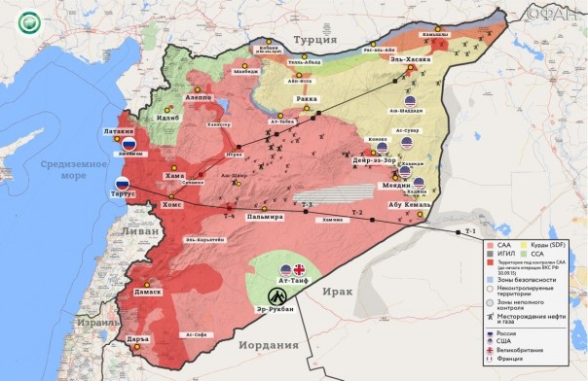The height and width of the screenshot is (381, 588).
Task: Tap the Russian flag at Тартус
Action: click(123, 185)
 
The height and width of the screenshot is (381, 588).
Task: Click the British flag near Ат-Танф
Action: click(300, 271)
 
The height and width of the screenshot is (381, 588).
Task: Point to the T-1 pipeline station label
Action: click(470, 231)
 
